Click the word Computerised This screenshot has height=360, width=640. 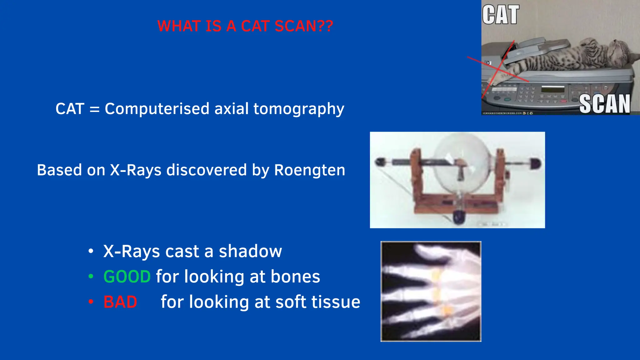(157, 109)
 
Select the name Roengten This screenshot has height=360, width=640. (309, 170)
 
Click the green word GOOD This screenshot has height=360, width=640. (127, 277)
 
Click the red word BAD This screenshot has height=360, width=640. (120, 302)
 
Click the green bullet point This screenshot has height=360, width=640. (91, 276)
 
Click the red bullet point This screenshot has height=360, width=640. (91, 302)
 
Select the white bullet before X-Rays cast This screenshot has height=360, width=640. (91, 251)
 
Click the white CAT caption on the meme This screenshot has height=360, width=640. (500, 15)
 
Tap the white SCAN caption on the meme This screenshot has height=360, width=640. (604, 104)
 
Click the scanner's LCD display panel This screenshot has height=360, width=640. (553, 90)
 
